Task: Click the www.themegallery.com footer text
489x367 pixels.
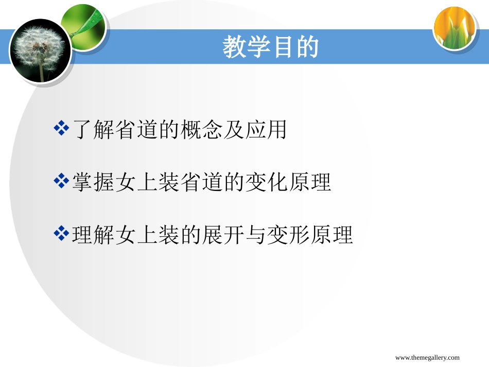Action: click(427, 358)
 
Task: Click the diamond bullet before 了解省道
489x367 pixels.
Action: click(61, 129)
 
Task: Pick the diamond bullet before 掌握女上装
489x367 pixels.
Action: click(61, 182)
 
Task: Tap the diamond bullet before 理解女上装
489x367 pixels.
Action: click(61, 234)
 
